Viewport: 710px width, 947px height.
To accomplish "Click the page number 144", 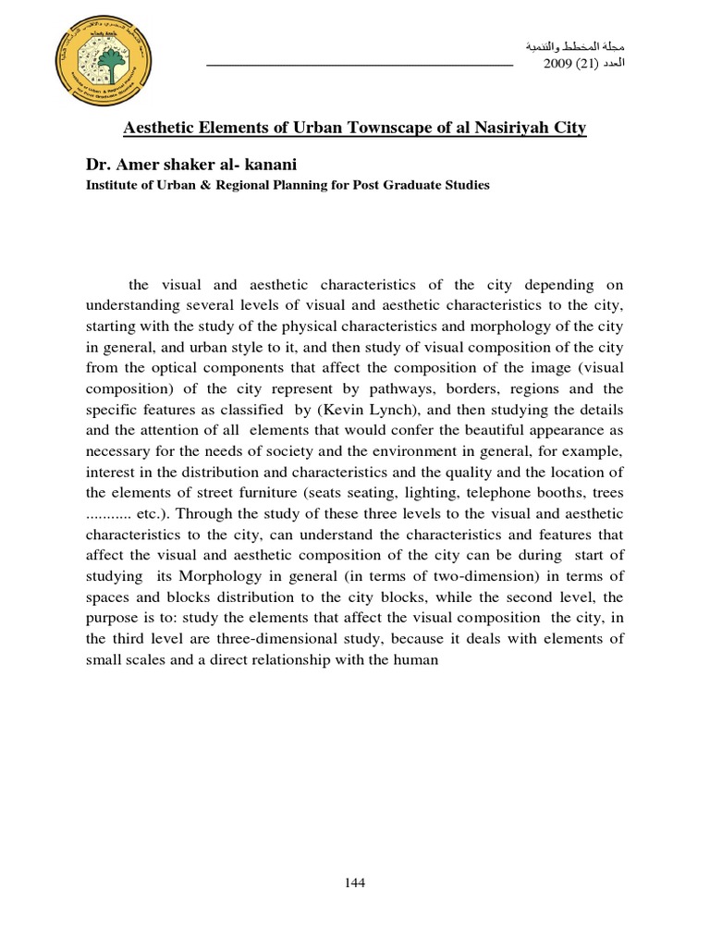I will click(x=355, y=882).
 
